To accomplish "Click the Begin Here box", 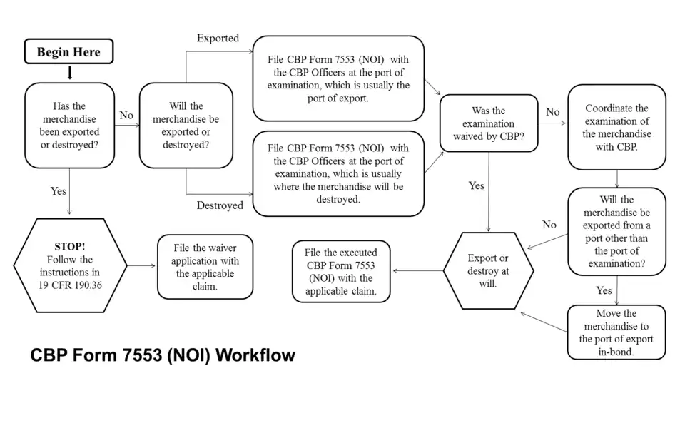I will pyautogui.click(x=68, y=52).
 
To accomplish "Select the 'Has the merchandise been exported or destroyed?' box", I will pyautogui.click(x=69, y=126).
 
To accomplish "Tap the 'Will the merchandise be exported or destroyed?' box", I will pyautogui.click(x=186, y=126).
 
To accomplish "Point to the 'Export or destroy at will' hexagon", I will pyautogui.click(x=488, y=270).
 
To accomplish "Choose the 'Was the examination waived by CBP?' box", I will pyautogui.click(x=488, y=123).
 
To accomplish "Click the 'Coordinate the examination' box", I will pyautogui.click(x=616, y=128).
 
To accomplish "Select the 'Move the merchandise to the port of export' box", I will pyautogui.click(x=616, y=332).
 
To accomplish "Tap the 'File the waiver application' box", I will pyautogui.click(x=205, y=267).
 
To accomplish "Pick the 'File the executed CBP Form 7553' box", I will pyautogui.click(x=341, y=271).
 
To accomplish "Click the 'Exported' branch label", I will pyautogui.click(x=218, y=38).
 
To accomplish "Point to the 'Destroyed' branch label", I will pyautogui.click(x=219, y=205).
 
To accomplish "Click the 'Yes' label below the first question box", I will pyautogui.click(x=58, y=191).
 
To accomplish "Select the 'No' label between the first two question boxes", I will pyautogui.click(x=126, y=115).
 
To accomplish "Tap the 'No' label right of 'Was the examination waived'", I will pyautogui.click(x=552, y=112).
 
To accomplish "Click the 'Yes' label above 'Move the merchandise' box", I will pyautogui.click(x=604, y=290).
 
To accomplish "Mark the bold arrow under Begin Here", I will pyautogui.click(x=69, y=73).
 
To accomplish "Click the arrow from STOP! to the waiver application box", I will pyautogui.click(x=142, y=266).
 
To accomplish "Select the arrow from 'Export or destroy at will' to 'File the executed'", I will pyautogui.click(x=417, y=271).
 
